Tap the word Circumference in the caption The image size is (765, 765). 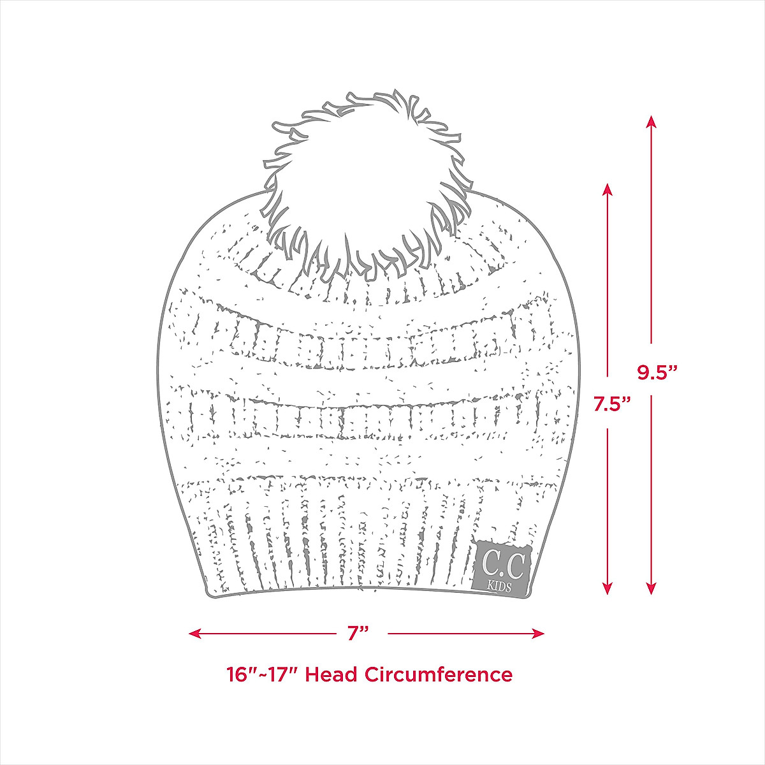(439, 674)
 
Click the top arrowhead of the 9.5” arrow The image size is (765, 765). (651, 120)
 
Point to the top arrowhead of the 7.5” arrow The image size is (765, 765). (608, 189)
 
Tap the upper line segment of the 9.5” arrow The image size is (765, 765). (651, 242)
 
